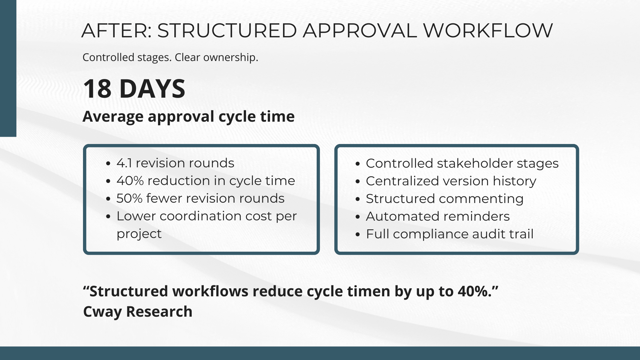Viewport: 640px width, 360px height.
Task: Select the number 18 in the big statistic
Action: (97, 89)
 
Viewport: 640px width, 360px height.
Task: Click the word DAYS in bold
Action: (152, 89)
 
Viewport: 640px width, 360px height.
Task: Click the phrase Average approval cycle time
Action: (188, 117)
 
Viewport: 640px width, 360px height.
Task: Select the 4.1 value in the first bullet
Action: (124, 163)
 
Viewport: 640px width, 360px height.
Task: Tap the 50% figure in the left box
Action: (129, 198)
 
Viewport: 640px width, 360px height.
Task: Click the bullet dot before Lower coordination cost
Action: (108, 216)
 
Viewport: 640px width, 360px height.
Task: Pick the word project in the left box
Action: (139, 234)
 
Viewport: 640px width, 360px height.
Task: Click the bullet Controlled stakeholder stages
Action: (462, 163)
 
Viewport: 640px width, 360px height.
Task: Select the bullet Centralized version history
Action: (451, 181)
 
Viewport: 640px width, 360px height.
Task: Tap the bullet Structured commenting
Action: (445, 199)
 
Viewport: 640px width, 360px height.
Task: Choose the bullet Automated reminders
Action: (438, 216)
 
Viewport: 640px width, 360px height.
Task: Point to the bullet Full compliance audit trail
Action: (450, 234)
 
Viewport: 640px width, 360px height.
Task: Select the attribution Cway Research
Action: (138, 312)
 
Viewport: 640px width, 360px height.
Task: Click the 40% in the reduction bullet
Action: (130, 181)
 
